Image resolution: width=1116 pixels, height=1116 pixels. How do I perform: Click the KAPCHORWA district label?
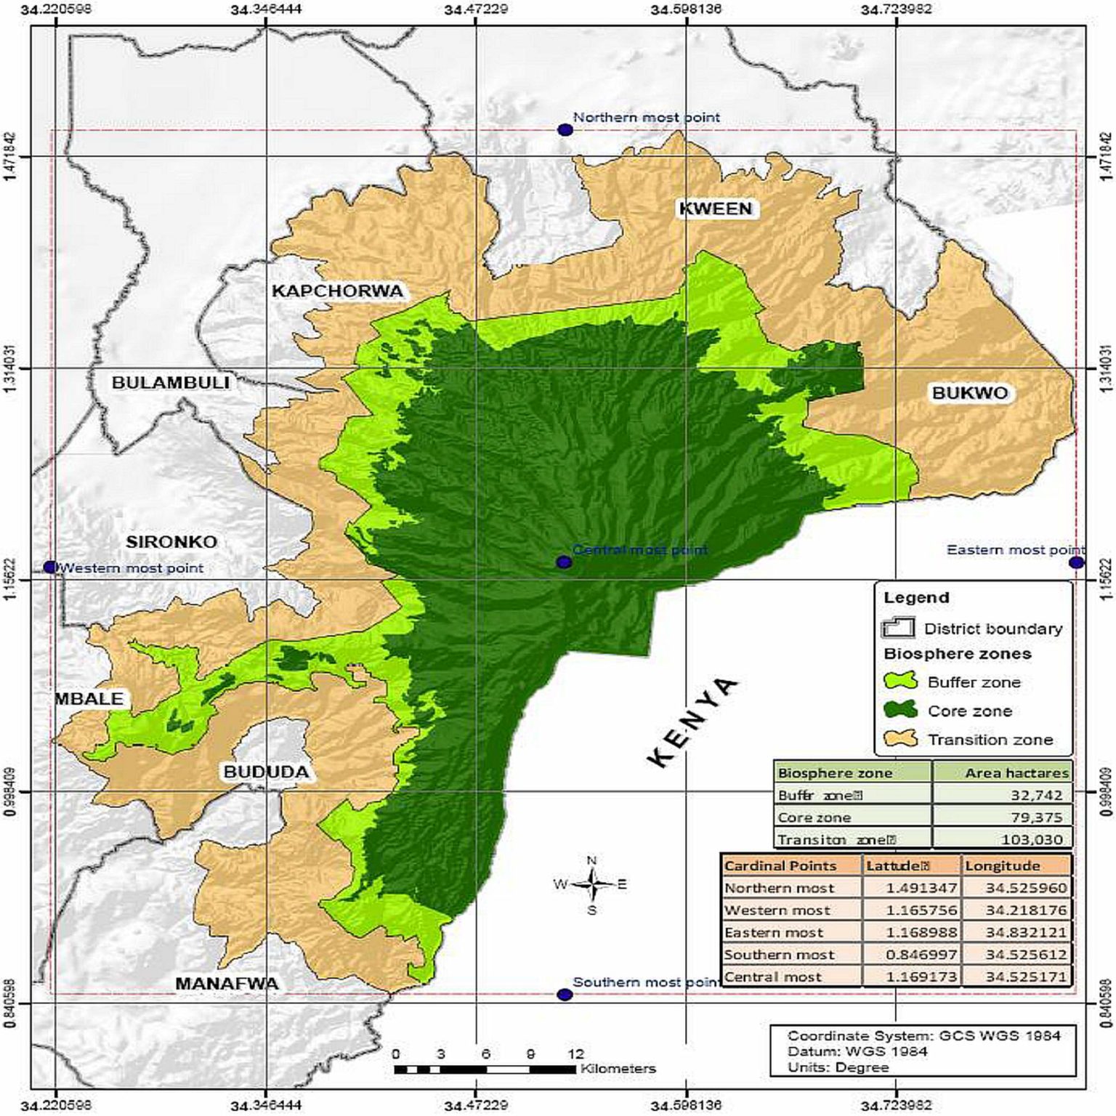(x=336, y=291)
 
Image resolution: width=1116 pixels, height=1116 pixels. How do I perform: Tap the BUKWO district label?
(x=969, y=393)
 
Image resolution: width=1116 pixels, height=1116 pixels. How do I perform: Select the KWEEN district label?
(x=715, y=209)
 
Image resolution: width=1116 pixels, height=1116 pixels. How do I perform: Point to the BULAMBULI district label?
(x=170, y=383)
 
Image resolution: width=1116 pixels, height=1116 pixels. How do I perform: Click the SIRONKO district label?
(x=171, y=542)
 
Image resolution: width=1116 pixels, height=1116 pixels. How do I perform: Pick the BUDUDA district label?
(x=266, y=772)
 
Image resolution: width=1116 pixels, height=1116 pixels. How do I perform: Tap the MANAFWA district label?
(x=227, y=984)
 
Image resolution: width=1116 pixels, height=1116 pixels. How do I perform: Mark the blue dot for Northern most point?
(x=565, y=130)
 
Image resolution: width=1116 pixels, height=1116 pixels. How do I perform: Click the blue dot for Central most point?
(x=563, y=562)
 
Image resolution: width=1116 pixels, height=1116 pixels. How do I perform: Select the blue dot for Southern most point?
(x=564, y=994)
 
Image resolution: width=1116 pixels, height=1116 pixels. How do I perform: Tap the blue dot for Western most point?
(x=49, y=567)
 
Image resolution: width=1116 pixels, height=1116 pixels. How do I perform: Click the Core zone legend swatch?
(x=900, y=711)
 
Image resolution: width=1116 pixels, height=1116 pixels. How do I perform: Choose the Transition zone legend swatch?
(x=900, y=739)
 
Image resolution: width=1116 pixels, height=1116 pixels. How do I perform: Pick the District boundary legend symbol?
(x=898, y=628)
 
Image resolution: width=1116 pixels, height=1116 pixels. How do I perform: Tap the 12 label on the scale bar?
(x=575, y=1054)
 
